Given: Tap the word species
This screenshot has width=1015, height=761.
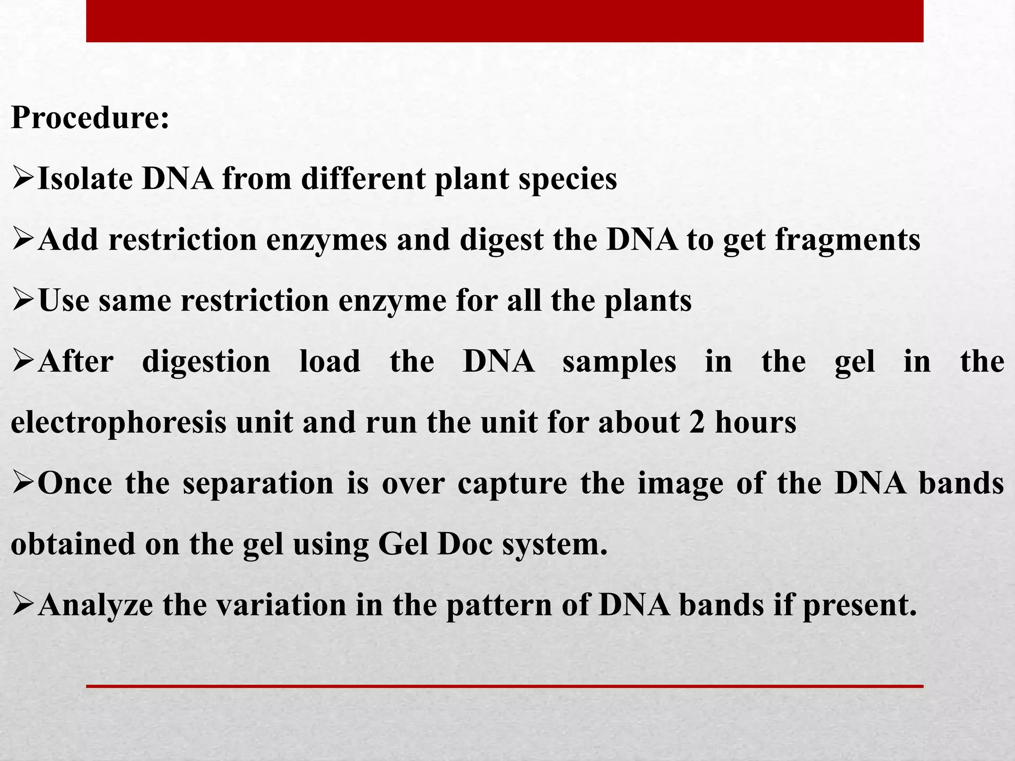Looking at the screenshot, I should point(567,179).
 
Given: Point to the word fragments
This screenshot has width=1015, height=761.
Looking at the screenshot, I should point(847,240).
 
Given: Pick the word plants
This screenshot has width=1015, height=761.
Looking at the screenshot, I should point(648,301).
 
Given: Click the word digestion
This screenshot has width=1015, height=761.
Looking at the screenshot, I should point(206,362).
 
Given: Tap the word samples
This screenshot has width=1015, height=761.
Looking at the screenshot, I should point(619,362).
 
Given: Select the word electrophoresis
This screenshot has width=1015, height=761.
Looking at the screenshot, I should point(118,423).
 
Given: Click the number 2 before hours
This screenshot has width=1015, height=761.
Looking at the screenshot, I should point(696,423).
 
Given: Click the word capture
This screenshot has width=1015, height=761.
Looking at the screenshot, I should point(512,484).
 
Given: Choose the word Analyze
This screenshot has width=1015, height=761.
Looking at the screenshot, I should point(95,605).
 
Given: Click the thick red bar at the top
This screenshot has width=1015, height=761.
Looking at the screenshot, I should point(505,21).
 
